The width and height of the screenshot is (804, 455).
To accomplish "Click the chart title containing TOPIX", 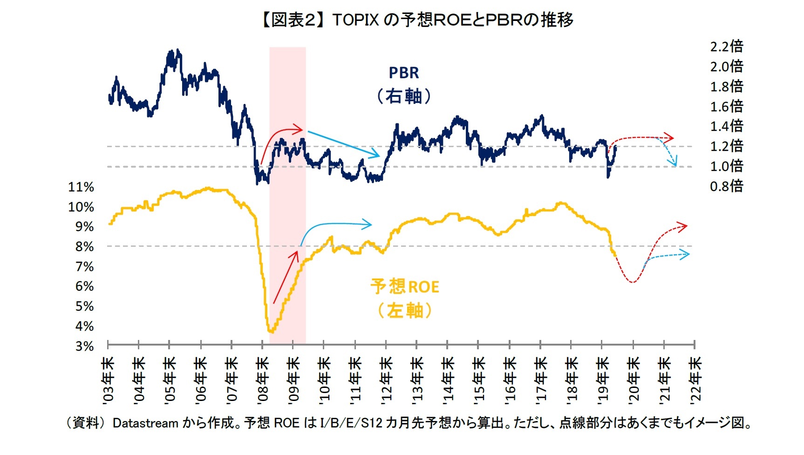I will [x=416, y=20].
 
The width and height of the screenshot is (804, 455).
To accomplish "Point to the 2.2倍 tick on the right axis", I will [x=726, y=46].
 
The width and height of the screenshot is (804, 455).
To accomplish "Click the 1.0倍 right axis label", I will [x=726, y=166].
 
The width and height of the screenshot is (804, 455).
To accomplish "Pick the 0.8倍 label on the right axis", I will [x=726, y=186].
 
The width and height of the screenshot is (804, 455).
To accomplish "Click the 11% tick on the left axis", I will [x=81, y=187].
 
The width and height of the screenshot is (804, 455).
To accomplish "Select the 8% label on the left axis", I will [x=85, y=247].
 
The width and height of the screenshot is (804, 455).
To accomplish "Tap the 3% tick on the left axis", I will [x=85, y=346].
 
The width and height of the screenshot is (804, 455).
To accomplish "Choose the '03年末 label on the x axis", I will [x=108, y=379].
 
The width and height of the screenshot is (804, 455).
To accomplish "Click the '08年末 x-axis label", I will [x=262, y=379].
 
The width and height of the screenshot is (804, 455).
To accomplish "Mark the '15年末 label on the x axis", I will [x=478, y=379].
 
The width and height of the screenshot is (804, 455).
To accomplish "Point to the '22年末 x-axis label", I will [x=695, y=379].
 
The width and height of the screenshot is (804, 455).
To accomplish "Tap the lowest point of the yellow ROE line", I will [x=272, y=332].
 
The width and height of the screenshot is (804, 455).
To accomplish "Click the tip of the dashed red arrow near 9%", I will [x=687, y=226].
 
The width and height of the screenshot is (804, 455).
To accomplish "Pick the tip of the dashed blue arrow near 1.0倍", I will [x=675, y=165].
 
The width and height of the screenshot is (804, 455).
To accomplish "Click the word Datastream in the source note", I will [x=145, y=423].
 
